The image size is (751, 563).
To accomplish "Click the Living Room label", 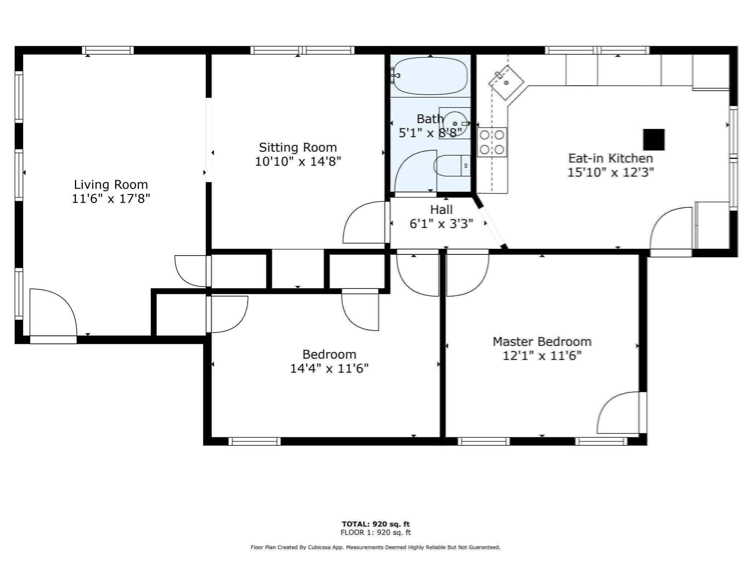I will click(x=111, y=184).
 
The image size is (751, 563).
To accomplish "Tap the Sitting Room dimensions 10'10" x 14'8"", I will click(x=298, y=161).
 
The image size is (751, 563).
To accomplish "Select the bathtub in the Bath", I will click(x=430, y=76).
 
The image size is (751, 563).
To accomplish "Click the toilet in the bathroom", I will click(x=451, y=166).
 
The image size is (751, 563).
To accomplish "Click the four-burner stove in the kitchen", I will click(x=492, y=142).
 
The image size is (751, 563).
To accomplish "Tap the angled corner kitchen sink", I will click(x=506, y=83).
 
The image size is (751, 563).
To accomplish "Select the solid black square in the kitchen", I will click(x=653, y=140).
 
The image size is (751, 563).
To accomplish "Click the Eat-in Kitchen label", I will click(x=611, y=158).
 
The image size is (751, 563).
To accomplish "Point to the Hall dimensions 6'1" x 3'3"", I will click(x=441, y=224).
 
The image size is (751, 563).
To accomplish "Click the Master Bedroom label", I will click(x=542, y=342).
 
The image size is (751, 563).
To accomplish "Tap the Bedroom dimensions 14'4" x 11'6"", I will click(x=329, y=368).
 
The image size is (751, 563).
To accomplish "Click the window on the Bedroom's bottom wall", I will click(x=254, y=441).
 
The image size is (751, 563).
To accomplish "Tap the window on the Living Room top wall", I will click(x=107, y=50).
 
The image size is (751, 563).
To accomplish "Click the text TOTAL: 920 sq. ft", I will click(x=375, y=524).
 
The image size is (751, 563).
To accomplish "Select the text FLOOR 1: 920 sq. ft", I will click(x=375, y=532).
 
